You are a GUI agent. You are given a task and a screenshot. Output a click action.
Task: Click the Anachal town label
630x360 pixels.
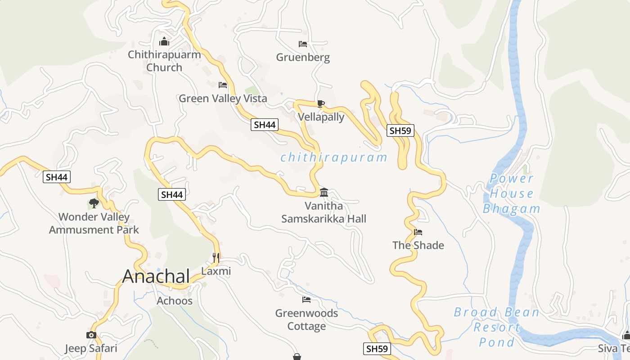click(x=156, y=276)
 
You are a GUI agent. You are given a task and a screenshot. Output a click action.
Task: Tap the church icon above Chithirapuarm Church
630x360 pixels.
click(x=164, y=42)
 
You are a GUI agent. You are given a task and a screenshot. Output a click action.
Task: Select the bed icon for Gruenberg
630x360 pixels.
click(x=303, y=44)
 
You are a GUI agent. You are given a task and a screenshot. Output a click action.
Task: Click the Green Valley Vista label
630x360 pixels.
click(x=223, y=98)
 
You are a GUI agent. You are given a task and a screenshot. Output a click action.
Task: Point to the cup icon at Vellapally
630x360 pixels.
click(x=320, y=103)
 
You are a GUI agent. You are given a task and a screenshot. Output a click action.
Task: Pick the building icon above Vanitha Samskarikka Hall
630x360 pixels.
click(x=324, y=193)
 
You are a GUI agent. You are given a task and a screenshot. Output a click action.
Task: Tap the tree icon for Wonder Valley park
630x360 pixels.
click(x=94, y=203)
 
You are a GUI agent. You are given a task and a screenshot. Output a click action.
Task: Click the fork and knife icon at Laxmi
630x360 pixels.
click(x=216, y=257)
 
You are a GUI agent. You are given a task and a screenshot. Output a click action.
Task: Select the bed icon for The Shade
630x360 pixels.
click(x=418, y=232)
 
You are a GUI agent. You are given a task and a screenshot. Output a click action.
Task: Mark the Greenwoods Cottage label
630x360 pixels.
click(x=306, y=319)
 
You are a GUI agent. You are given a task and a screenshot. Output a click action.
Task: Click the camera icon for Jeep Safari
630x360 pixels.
click(x=91, y=335)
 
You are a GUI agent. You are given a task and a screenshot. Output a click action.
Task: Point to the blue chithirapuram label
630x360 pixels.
click(x=333, y=157)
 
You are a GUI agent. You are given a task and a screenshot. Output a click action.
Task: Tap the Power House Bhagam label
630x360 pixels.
click(x=512, y=193)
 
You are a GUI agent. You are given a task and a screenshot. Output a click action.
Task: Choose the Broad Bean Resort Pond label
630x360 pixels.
click(x=496, y=327)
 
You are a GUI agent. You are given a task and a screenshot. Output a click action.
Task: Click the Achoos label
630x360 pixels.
click(x=175, y=301)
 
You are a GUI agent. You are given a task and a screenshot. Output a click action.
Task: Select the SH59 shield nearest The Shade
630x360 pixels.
click(x=400, y=131)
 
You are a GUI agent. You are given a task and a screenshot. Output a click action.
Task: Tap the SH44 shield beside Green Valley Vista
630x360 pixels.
click(x=264, y=125)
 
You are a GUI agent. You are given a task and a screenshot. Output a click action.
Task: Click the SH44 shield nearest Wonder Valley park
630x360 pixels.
click(x=57, y=177)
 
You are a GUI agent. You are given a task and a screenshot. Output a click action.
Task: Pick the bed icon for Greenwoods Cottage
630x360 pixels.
click(x=306, y=300)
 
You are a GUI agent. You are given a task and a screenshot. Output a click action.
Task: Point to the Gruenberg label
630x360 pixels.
click(x=303, y=57)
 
